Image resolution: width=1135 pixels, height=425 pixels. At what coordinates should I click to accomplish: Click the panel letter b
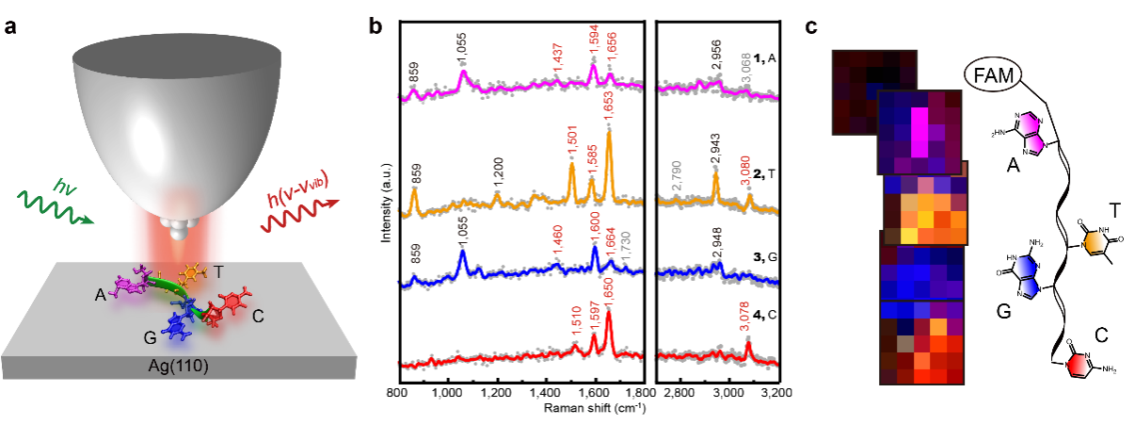376,25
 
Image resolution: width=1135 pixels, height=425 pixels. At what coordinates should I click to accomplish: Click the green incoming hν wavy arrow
54,206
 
